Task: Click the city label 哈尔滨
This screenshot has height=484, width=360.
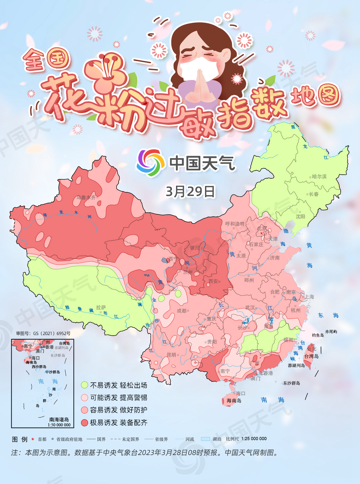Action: (x=319, y=176)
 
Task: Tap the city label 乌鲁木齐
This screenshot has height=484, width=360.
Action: (x=86, y=197)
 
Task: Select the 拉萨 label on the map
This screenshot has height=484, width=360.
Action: (x=101, y=307)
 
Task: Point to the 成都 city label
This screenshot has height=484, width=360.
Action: (x=182, y=311)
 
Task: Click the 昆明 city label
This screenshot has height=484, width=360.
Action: (x=171, y=355)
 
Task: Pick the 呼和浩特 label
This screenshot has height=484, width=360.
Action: (x=235, y=224)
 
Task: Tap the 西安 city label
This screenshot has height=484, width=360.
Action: (x=213, y=281)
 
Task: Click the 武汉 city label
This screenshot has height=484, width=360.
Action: (x=250, y=308)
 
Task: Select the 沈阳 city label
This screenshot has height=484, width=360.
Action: (x=300, y=216)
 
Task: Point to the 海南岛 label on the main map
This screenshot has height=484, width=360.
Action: (x=234, y=400)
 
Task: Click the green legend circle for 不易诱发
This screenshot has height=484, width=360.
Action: (x=85, y=385)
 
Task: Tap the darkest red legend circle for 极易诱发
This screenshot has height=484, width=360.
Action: (x=85, y=423)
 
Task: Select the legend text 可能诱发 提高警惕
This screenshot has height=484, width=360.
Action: (x=118, y=398)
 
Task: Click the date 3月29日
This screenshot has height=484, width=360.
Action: (x=190, y=191)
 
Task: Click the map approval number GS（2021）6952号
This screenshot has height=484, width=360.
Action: (x=43, y=333)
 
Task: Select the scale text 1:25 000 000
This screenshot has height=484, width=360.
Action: (x=254, y=439)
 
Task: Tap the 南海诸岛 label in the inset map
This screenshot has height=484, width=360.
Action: (x=59, y=420)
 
